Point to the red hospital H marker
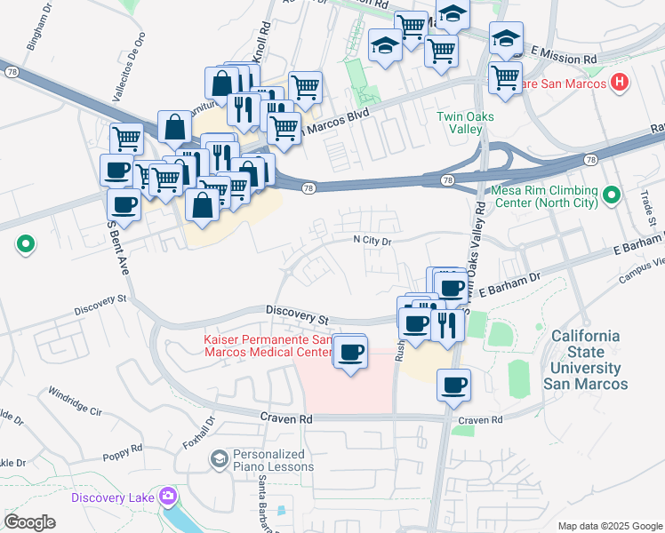620,84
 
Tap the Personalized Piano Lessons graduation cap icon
219,459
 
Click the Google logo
29,522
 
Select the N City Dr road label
373,240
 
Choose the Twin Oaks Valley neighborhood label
465,123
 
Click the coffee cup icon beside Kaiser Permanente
351,352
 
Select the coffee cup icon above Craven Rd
453,385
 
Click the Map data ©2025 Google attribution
609,526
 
